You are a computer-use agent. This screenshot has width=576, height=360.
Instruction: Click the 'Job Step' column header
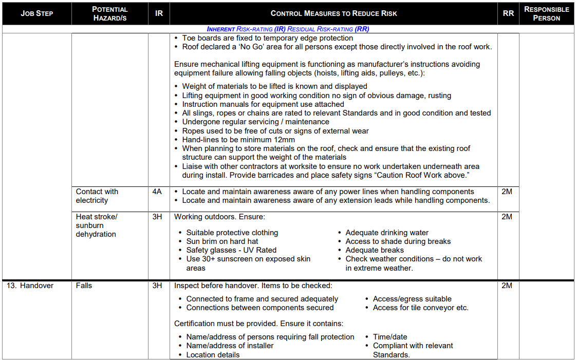(36, 13)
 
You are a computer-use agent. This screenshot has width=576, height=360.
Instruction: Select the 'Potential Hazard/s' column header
(109, 13)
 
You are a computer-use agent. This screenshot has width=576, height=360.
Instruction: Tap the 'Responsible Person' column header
(546, 13)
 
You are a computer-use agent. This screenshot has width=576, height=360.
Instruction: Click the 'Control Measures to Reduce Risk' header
(333, 13)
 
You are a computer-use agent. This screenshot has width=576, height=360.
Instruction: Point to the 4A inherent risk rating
(157, 192)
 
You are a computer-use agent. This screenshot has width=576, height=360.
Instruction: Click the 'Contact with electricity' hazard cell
(97, 196)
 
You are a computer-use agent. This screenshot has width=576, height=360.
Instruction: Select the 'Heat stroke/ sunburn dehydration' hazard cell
(97, 225)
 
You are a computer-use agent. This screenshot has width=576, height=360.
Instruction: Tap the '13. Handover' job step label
(30, 286)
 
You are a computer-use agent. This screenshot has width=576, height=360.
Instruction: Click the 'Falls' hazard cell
(84, 286)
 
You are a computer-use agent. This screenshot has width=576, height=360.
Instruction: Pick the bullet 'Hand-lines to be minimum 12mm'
(238, 140)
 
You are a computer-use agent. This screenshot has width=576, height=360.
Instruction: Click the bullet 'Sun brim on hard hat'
(222, 241)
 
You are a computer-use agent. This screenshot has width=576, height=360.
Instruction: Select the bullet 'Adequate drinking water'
(387, 233)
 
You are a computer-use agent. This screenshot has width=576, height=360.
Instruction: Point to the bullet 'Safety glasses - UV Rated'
(231, 250)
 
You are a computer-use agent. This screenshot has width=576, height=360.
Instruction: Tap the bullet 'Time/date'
(390, 337)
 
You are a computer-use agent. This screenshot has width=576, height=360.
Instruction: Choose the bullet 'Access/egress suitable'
(412, 299)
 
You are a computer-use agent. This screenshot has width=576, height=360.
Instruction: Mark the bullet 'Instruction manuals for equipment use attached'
(263, 104)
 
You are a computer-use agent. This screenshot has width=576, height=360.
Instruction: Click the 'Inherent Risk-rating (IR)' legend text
(246, 29)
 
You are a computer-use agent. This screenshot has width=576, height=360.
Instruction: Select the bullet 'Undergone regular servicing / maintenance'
(255, 122)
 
